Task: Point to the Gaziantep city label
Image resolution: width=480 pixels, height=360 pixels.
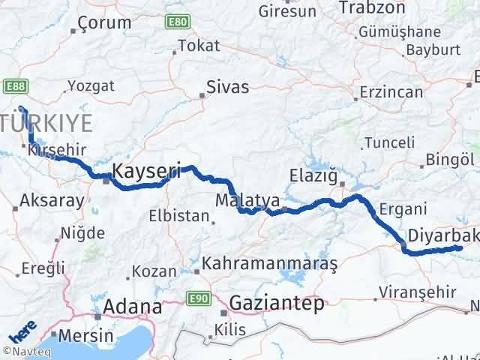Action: coord(277,303)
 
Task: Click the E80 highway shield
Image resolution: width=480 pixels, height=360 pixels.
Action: coord(177,21)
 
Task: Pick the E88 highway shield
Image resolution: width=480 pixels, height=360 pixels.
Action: coord(16,87)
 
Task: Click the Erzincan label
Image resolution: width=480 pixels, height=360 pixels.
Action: coord(389,89)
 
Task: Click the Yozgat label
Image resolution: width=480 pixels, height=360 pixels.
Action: coord(90,85)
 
